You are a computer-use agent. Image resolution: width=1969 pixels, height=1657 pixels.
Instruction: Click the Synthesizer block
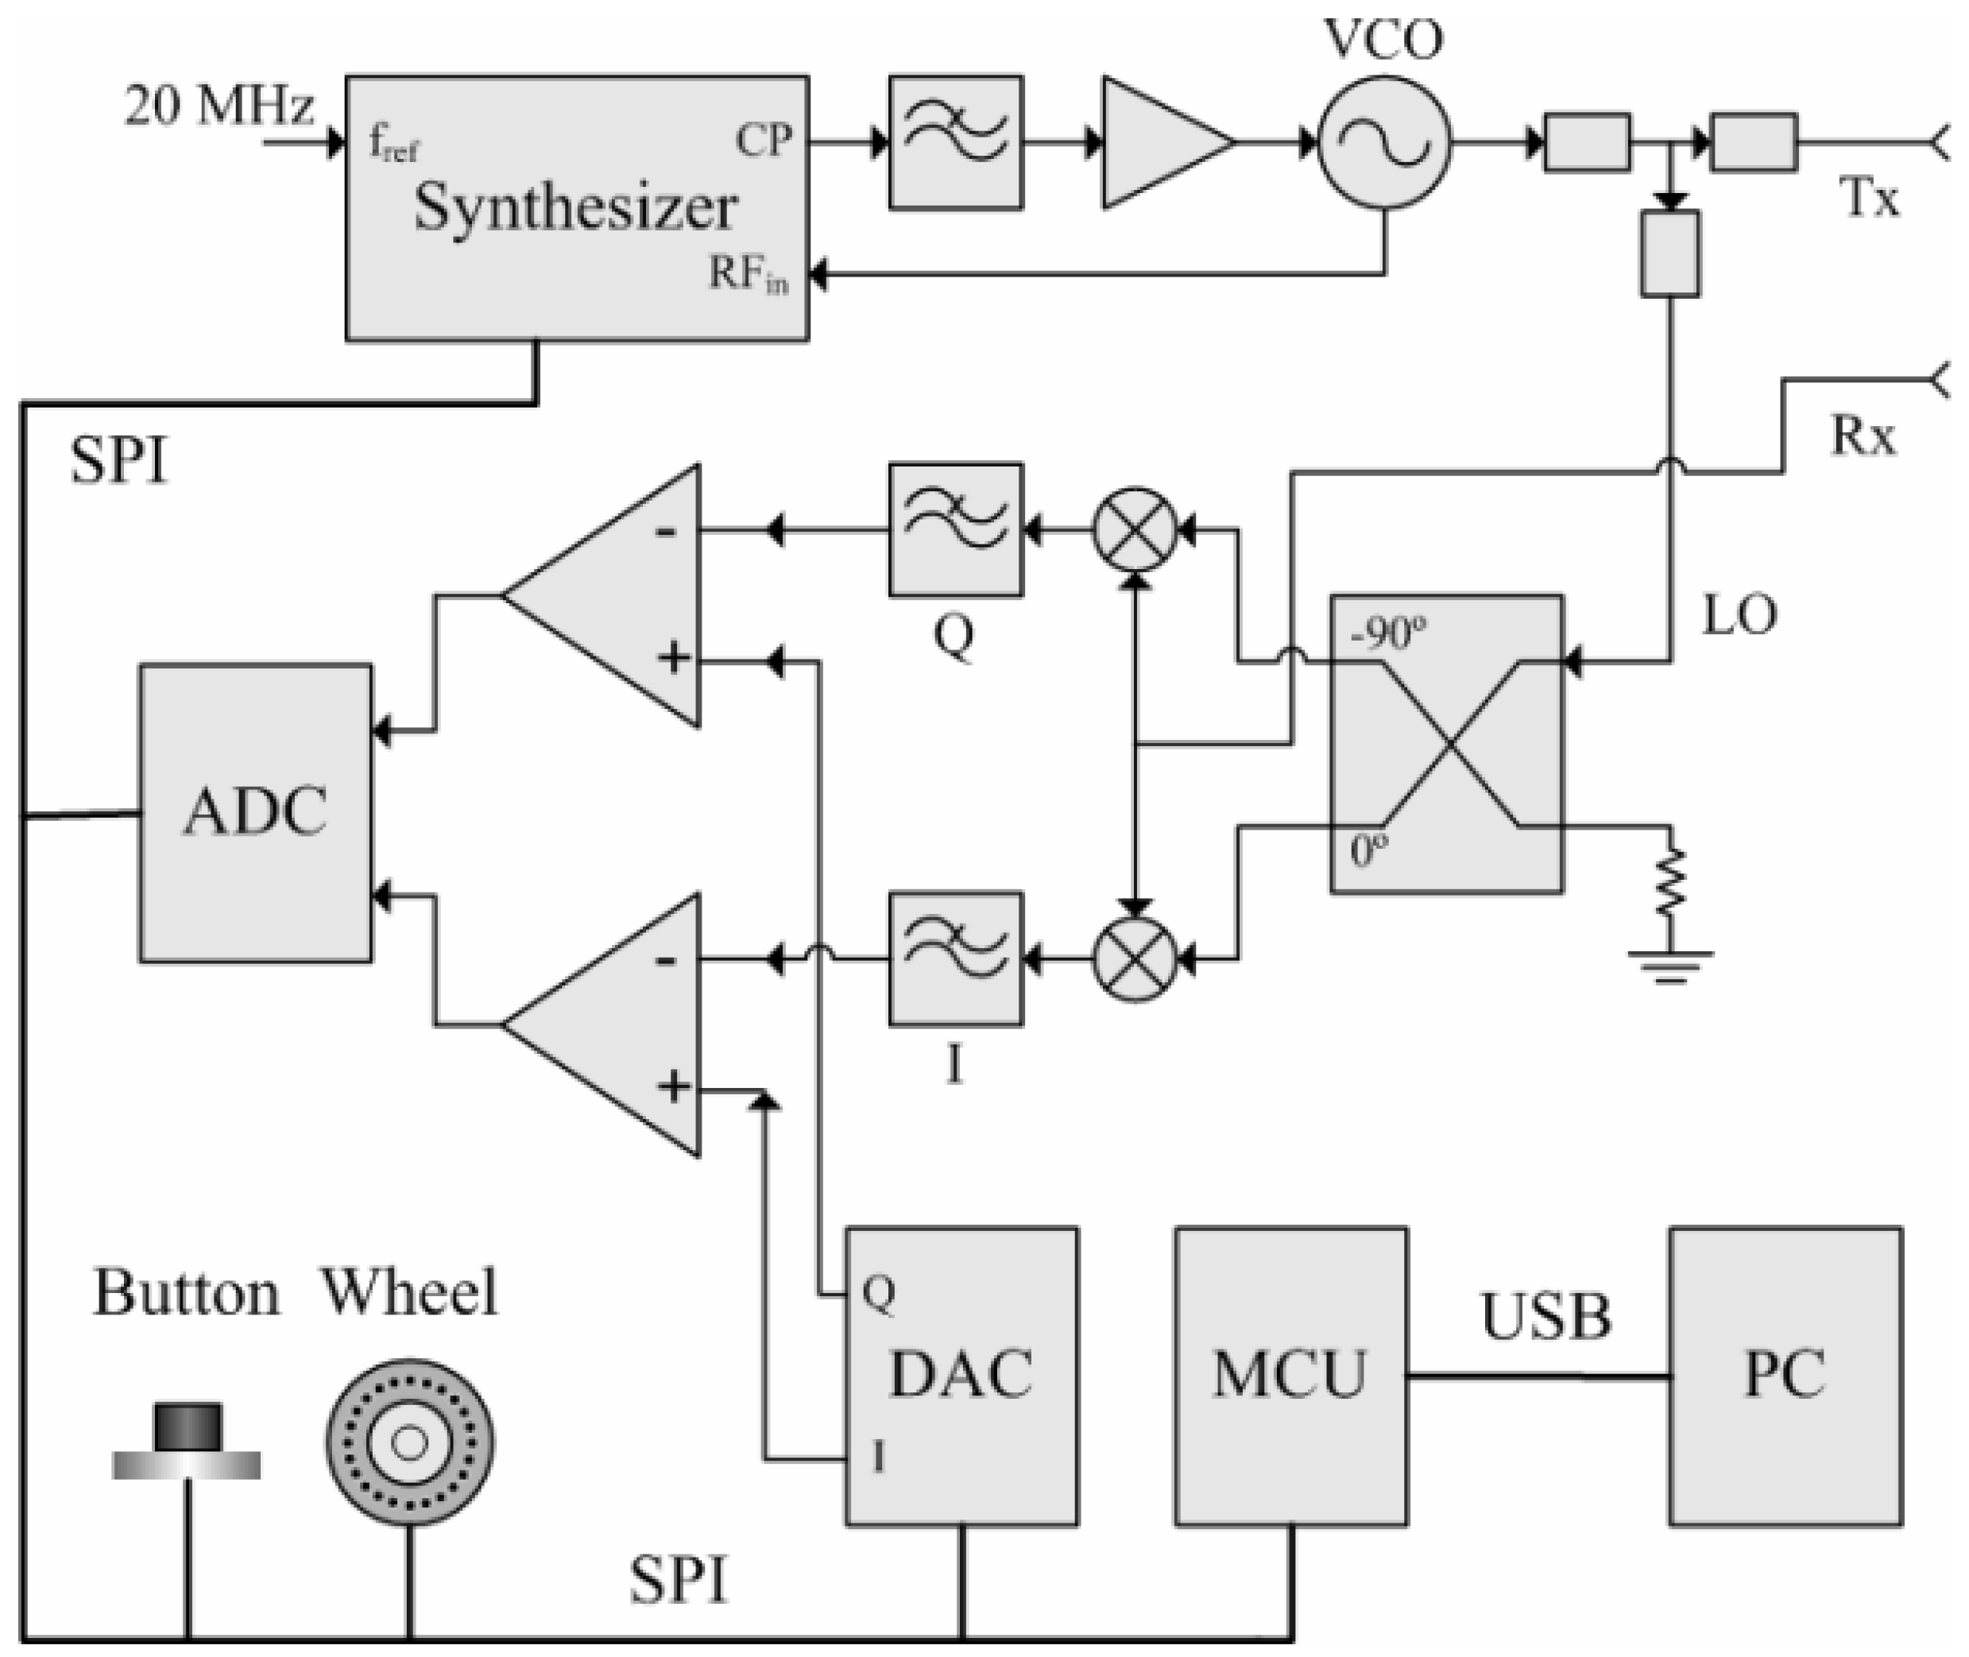click(577, 208)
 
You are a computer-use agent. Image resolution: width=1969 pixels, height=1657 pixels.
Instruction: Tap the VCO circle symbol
click(1385, 144)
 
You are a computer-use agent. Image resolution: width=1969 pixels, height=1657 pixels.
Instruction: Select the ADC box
click(255, 812)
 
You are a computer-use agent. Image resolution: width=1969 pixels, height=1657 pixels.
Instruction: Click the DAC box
click(961, 1376)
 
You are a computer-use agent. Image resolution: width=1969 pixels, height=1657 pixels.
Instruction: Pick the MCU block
click(1291, 1376)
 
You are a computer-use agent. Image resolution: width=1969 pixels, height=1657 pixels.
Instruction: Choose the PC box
click(1785, 1376)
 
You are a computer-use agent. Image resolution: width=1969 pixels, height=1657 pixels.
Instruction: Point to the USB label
click(1545, 1316)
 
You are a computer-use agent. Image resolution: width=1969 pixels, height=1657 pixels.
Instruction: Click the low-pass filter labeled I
click(956, 959)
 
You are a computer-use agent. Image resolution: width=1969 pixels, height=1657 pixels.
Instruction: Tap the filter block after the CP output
click(956, 143)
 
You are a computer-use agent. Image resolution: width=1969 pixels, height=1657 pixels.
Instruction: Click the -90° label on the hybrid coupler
click(1389, 634)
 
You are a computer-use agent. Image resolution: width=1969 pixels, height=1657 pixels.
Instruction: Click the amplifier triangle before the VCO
click(1159, 143)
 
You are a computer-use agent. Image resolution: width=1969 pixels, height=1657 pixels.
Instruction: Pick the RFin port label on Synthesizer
click(749, 275)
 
